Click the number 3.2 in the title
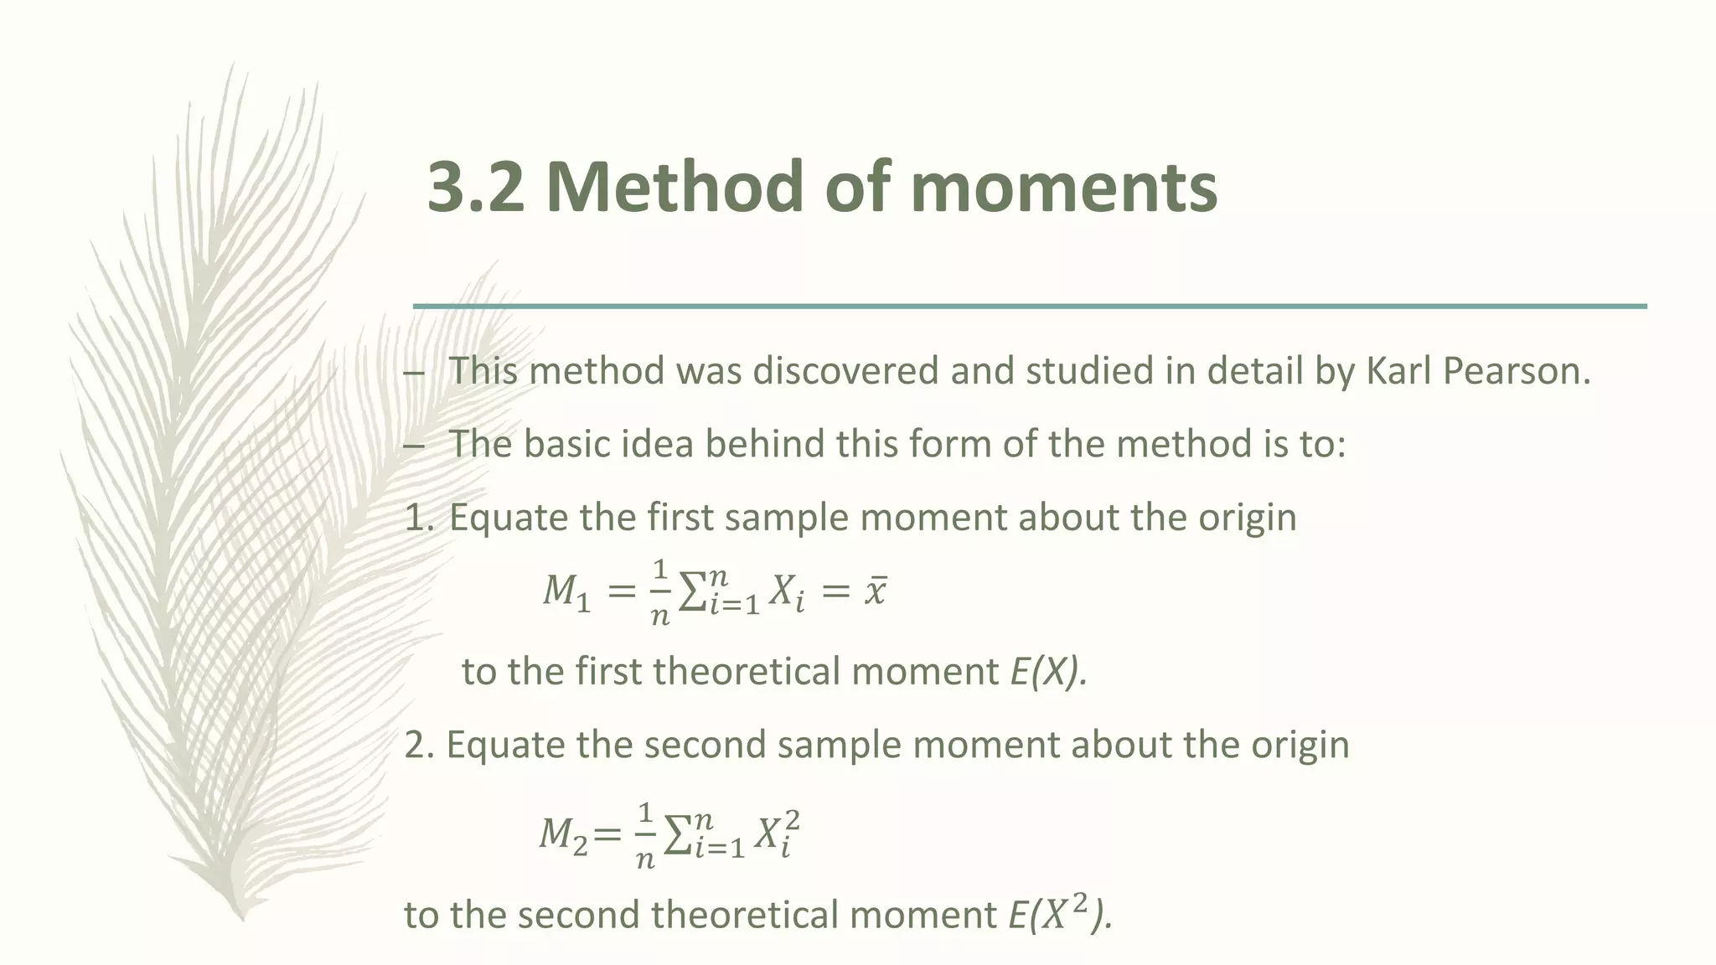pos(476,187)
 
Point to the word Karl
pos(1398,371)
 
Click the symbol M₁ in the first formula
pos(566,592)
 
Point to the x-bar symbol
pos(875,592)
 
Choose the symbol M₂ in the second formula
pos(563,834)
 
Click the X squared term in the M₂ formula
pos(776,834)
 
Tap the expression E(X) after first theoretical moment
pos(1048,672)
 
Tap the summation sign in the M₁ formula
pos(690,592)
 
